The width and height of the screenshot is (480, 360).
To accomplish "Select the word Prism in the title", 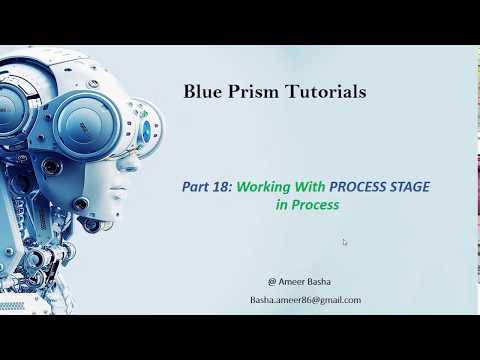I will tap(251, 92).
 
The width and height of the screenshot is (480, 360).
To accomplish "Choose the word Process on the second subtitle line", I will tap(315, 204).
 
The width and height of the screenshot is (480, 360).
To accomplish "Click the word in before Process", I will tap(282, 204).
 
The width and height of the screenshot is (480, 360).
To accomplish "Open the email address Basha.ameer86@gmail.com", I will tap(305, 300).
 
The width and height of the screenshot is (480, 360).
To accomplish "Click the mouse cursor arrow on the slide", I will tap(345, 242).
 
